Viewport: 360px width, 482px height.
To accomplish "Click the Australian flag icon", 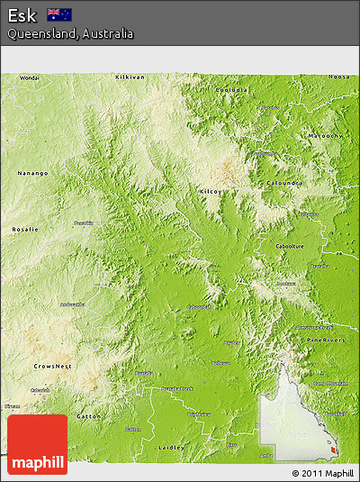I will (60, 14).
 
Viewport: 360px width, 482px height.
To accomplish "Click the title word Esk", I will (22, 14).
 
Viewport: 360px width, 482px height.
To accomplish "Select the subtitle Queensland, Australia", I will (70, 33).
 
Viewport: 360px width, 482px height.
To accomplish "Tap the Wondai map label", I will (30, 77).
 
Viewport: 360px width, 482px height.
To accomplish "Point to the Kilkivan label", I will (130, 77).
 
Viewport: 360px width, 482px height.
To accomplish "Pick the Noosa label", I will (338, 77).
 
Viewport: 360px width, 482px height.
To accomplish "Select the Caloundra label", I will (285, 183).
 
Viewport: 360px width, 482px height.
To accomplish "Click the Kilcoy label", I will (211, 192).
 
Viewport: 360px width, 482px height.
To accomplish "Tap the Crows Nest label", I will (52, 367).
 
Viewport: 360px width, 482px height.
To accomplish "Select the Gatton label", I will (89, 417).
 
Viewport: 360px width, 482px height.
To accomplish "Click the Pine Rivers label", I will (331, 340).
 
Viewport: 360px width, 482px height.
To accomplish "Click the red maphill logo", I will (36, 444).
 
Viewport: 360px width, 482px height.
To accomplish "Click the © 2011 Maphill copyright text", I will (322, 473).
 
